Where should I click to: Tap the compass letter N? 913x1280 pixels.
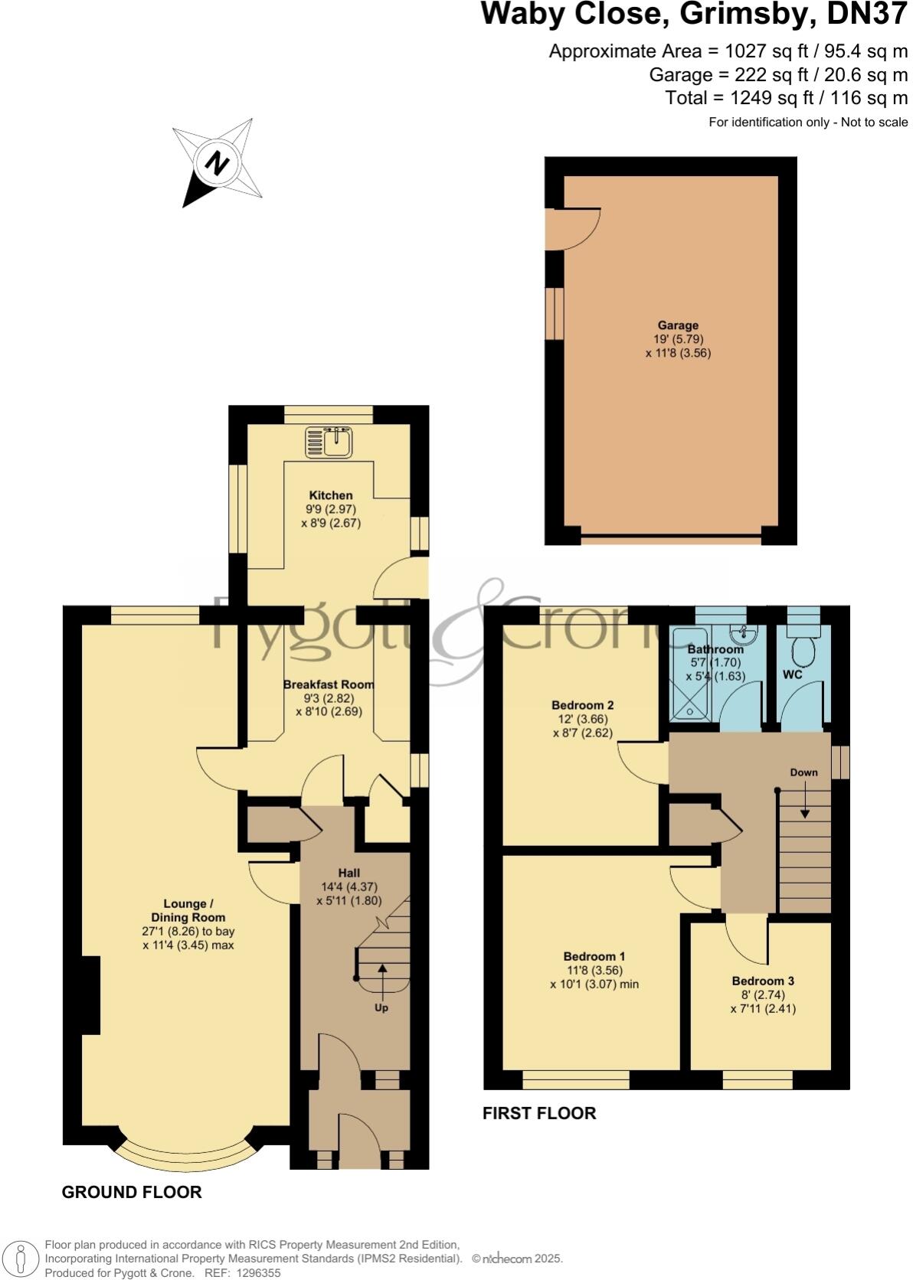pos(218,162)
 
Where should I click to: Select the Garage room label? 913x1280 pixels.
pos(678,325)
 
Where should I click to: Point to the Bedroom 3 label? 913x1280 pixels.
pos(762,981)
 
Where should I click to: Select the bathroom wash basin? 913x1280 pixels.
pos(740,635)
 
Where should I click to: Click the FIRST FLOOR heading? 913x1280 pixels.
pos(538,1113)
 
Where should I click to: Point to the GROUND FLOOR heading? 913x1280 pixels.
pos(132,1192)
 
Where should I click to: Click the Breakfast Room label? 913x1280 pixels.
pos(329,684)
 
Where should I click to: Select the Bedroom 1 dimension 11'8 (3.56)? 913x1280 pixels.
pos(594,970)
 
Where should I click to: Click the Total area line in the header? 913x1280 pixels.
pos(786,98)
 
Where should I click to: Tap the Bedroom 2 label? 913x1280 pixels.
pos(582,705)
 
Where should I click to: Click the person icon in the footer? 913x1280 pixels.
pos(21,1258)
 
